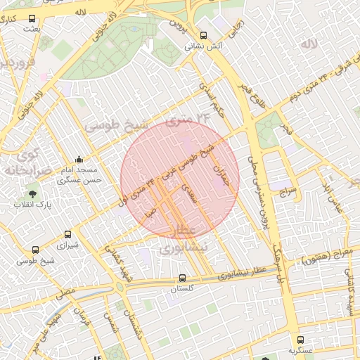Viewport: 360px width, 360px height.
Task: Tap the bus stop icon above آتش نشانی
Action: [203, 35]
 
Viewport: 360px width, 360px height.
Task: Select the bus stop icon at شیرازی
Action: [67, 234]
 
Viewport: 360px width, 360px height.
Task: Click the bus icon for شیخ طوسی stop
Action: [35, 249]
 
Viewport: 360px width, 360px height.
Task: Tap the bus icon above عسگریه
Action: [300, 339]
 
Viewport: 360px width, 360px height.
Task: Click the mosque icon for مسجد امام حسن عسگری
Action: [79, 159]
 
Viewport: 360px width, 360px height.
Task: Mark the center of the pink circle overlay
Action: [180, 180]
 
